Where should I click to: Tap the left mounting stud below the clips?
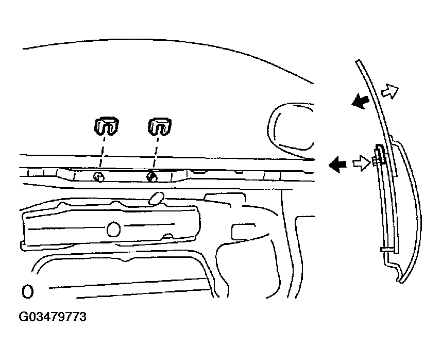(99, 177)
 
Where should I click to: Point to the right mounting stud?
(152, 177)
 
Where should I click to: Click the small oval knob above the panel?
(157, 198)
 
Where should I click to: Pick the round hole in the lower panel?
(113, 229)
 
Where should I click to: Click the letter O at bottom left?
(28, 292)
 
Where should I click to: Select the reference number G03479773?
(53, 317)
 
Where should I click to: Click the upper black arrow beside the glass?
(360, 101)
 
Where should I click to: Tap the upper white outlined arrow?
(390, 91)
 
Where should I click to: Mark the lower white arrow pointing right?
(362, 163)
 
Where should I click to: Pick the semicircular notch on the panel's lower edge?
(168, 236)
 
